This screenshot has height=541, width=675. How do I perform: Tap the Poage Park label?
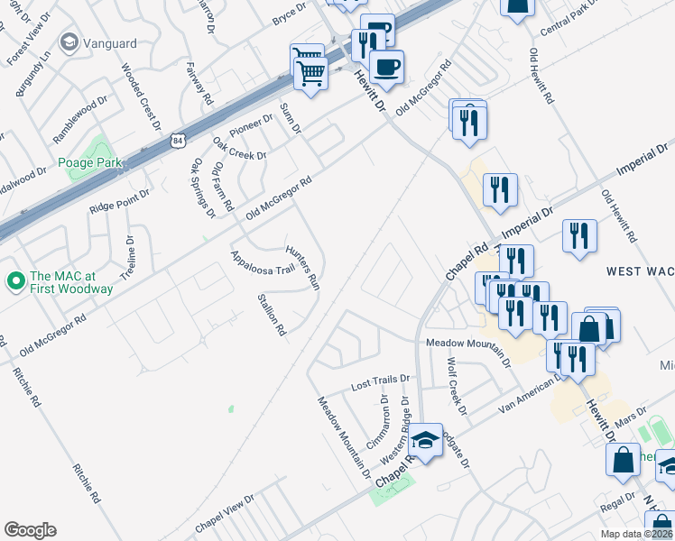(89, 162)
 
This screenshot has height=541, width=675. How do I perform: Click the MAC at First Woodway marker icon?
(15, 281)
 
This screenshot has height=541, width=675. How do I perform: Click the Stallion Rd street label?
(272, 315)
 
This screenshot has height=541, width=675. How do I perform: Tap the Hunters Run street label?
(303, 266)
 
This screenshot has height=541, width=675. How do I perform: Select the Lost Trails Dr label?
(380, 384)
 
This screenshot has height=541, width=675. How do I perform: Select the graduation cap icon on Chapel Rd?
(425, 440)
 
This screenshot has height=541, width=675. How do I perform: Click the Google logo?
(30, 530)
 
